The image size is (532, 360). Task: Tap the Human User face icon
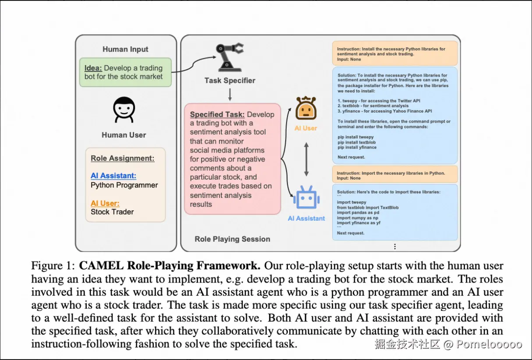(x=124, y=109)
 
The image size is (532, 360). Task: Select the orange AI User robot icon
(x=306, y=109)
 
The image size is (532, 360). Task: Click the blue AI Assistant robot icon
(x=306, y=198)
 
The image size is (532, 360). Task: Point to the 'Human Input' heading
(x=125, y=49)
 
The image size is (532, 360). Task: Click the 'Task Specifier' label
(x=230, y=81)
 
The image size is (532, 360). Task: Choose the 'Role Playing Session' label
(x=232, y=239)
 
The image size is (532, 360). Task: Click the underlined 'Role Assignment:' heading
(x=122, y=159)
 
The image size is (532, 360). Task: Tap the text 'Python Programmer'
(x=124, y=185)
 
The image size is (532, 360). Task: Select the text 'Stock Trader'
(x=112, y=212)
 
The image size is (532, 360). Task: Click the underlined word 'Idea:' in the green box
(x=93, y=68)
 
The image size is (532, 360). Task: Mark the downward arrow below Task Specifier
(x=230, y=94)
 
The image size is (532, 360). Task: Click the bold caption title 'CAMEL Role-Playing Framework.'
(x=170, y=266)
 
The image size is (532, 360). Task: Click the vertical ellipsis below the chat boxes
(x=395, y=247)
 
